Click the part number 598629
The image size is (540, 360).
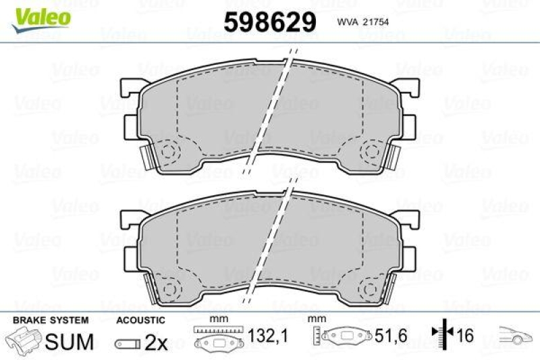click(x=269, y=22)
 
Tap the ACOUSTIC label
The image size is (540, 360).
click(x=140, y=319)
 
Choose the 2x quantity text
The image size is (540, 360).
click(x=157, y=343)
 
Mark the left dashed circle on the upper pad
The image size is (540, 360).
click(x=167, y=150)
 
